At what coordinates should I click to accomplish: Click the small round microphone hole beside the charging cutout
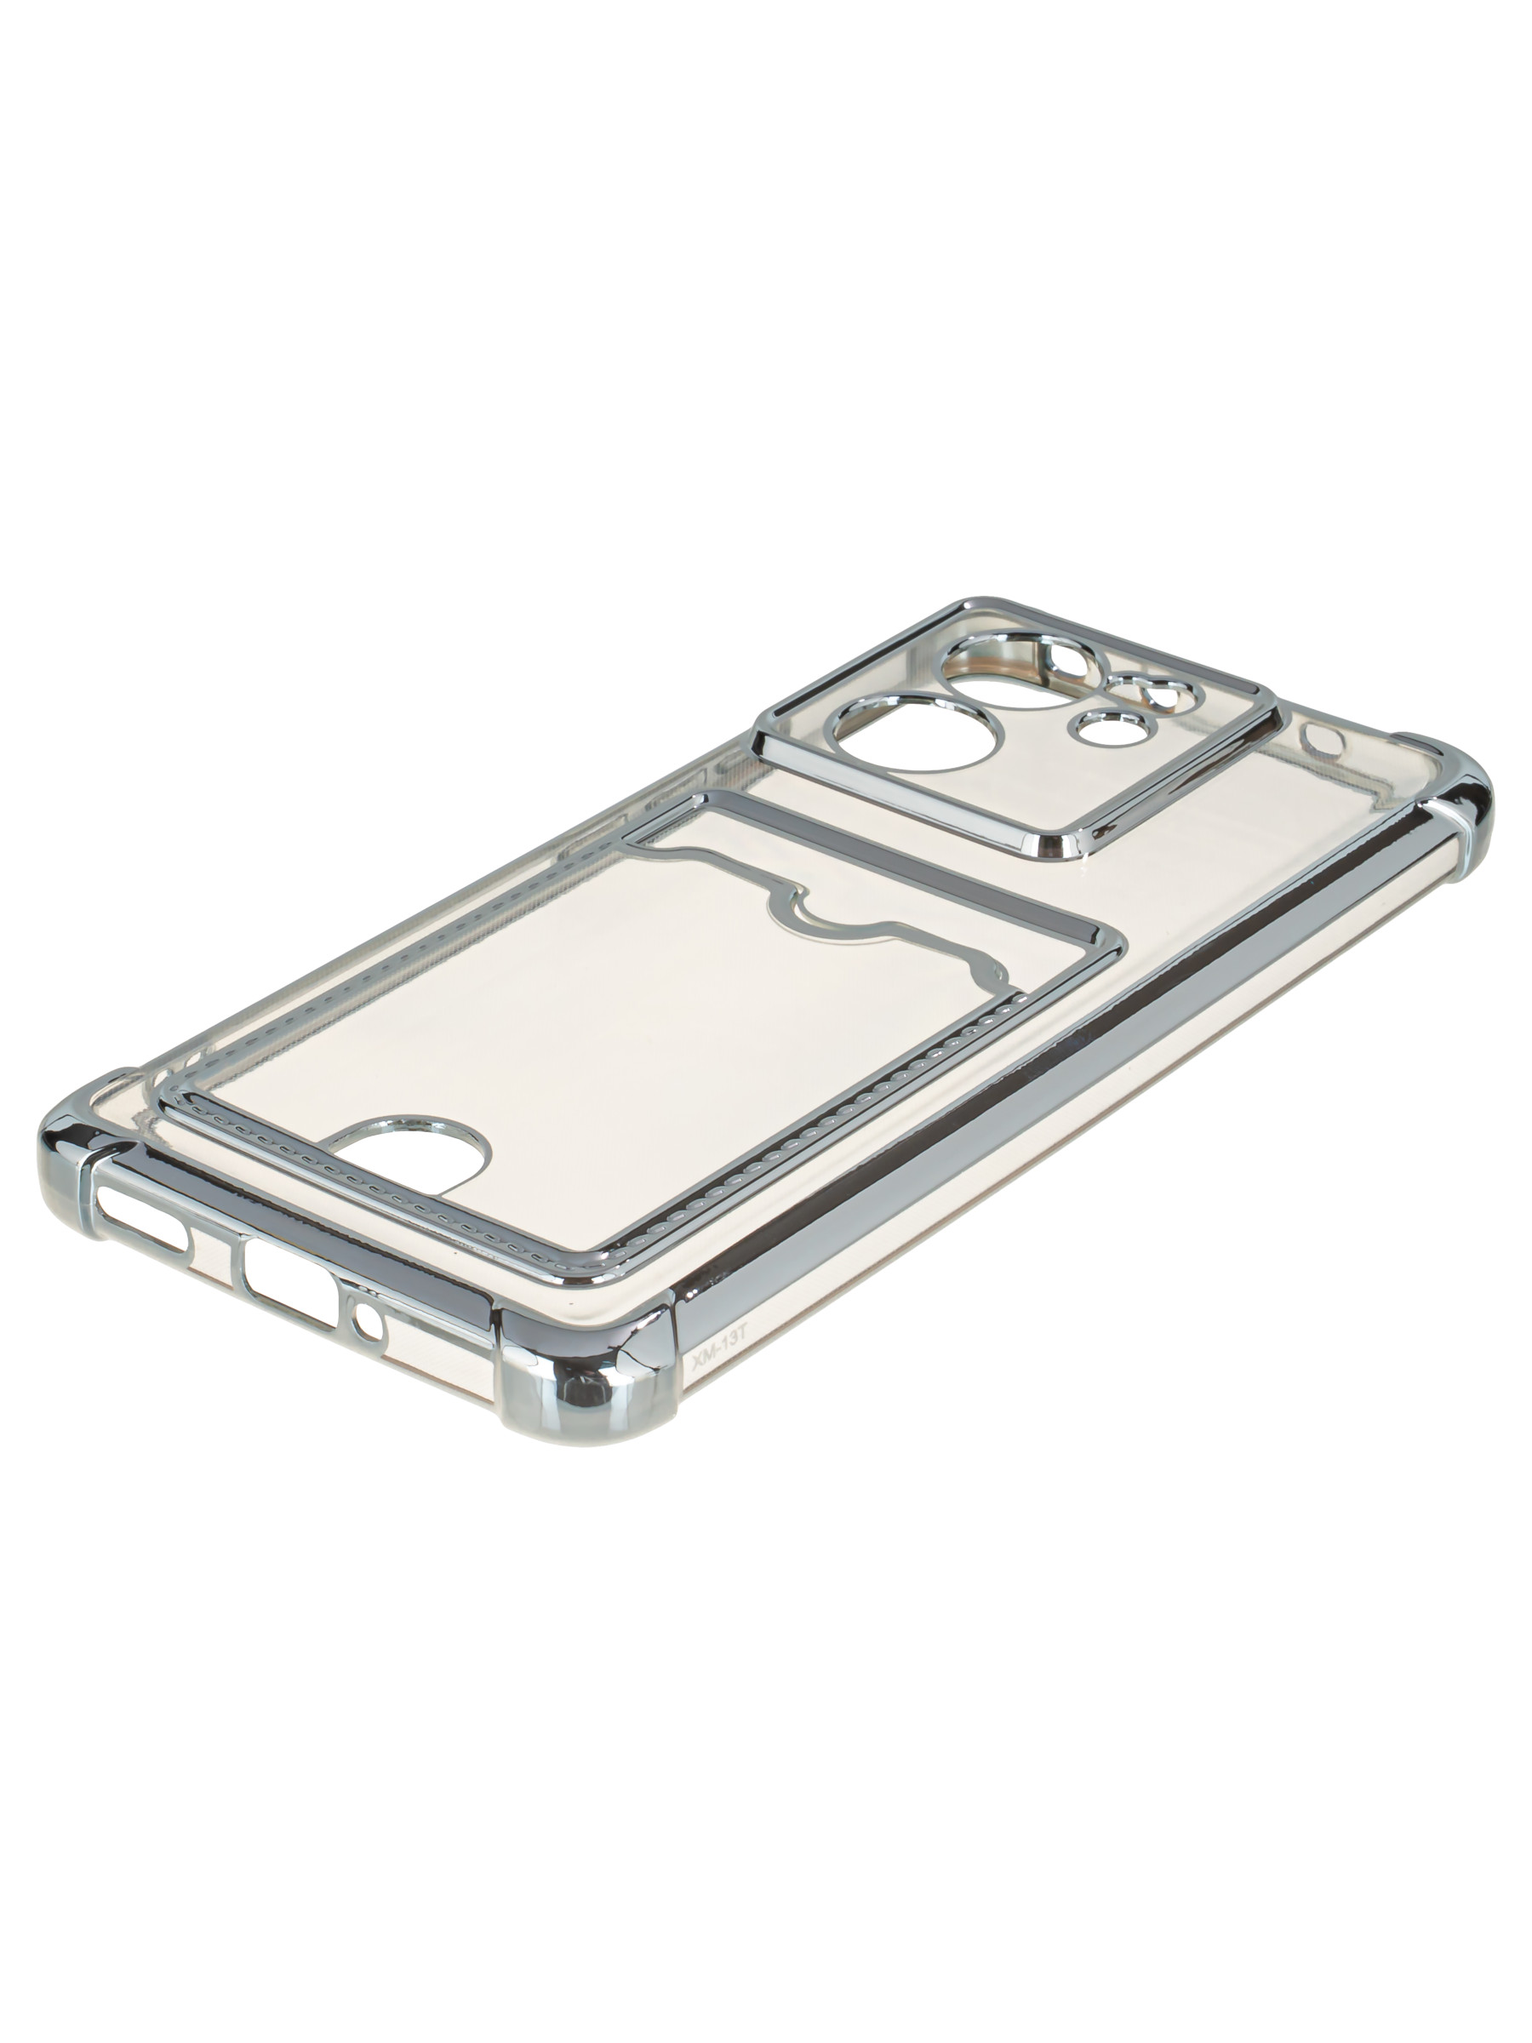368,1324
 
